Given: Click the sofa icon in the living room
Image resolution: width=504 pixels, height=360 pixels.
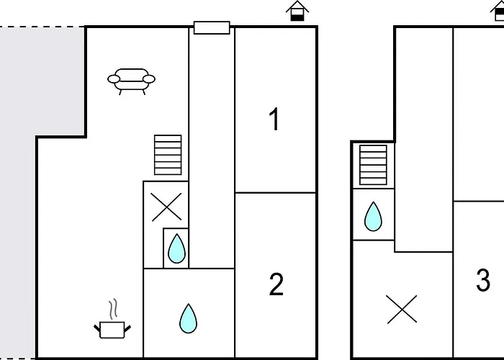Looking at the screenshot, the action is coord(131,81).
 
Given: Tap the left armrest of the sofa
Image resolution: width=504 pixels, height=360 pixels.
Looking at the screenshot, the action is coord(114,78).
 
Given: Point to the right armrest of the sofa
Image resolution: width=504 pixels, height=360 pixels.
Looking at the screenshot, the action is coord(149,78).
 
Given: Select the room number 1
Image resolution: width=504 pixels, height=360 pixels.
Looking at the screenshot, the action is coord(274,119).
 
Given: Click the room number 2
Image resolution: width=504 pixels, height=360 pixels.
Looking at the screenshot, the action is coord(276,284).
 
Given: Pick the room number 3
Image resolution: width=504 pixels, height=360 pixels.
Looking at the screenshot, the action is coord(483,280).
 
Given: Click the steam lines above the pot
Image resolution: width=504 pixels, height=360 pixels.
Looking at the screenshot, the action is coord(113,309).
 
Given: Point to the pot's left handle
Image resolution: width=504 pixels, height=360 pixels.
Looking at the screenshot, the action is coord(97,328).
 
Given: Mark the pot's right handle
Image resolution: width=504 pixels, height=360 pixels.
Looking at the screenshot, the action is coord(127,328).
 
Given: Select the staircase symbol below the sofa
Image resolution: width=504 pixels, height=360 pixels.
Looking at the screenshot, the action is coord(168,155).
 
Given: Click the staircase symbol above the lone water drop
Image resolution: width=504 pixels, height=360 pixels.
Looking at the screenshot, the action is coord(373,165).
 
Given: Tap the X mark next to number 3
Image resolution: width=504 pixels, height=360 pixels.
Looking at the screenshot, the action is coord(402,309).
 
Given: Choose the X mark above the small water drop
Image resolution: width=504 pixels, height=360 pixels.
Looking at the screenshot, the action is coord(166,207).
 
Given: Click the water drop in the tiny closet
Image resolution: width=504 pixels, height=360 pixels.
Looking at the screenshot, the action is coord(176,248).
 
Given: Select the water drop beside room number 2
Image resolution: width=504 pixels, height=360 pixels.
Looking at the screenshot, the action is coord(189,318).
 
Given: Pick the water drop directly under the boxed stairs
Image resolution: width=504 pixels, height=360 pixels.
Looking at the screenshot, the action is coord(373,216).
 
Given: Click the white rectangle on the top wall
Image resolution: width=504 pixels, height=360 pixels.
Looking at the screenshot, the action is coord(212,27).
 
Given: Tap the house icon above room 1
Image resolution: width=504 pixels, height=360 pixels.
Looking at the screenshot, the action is coord(297,12).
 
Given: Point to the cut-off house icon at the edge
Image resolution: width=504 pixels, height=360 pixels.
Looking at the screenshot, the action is coord(498,12).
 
